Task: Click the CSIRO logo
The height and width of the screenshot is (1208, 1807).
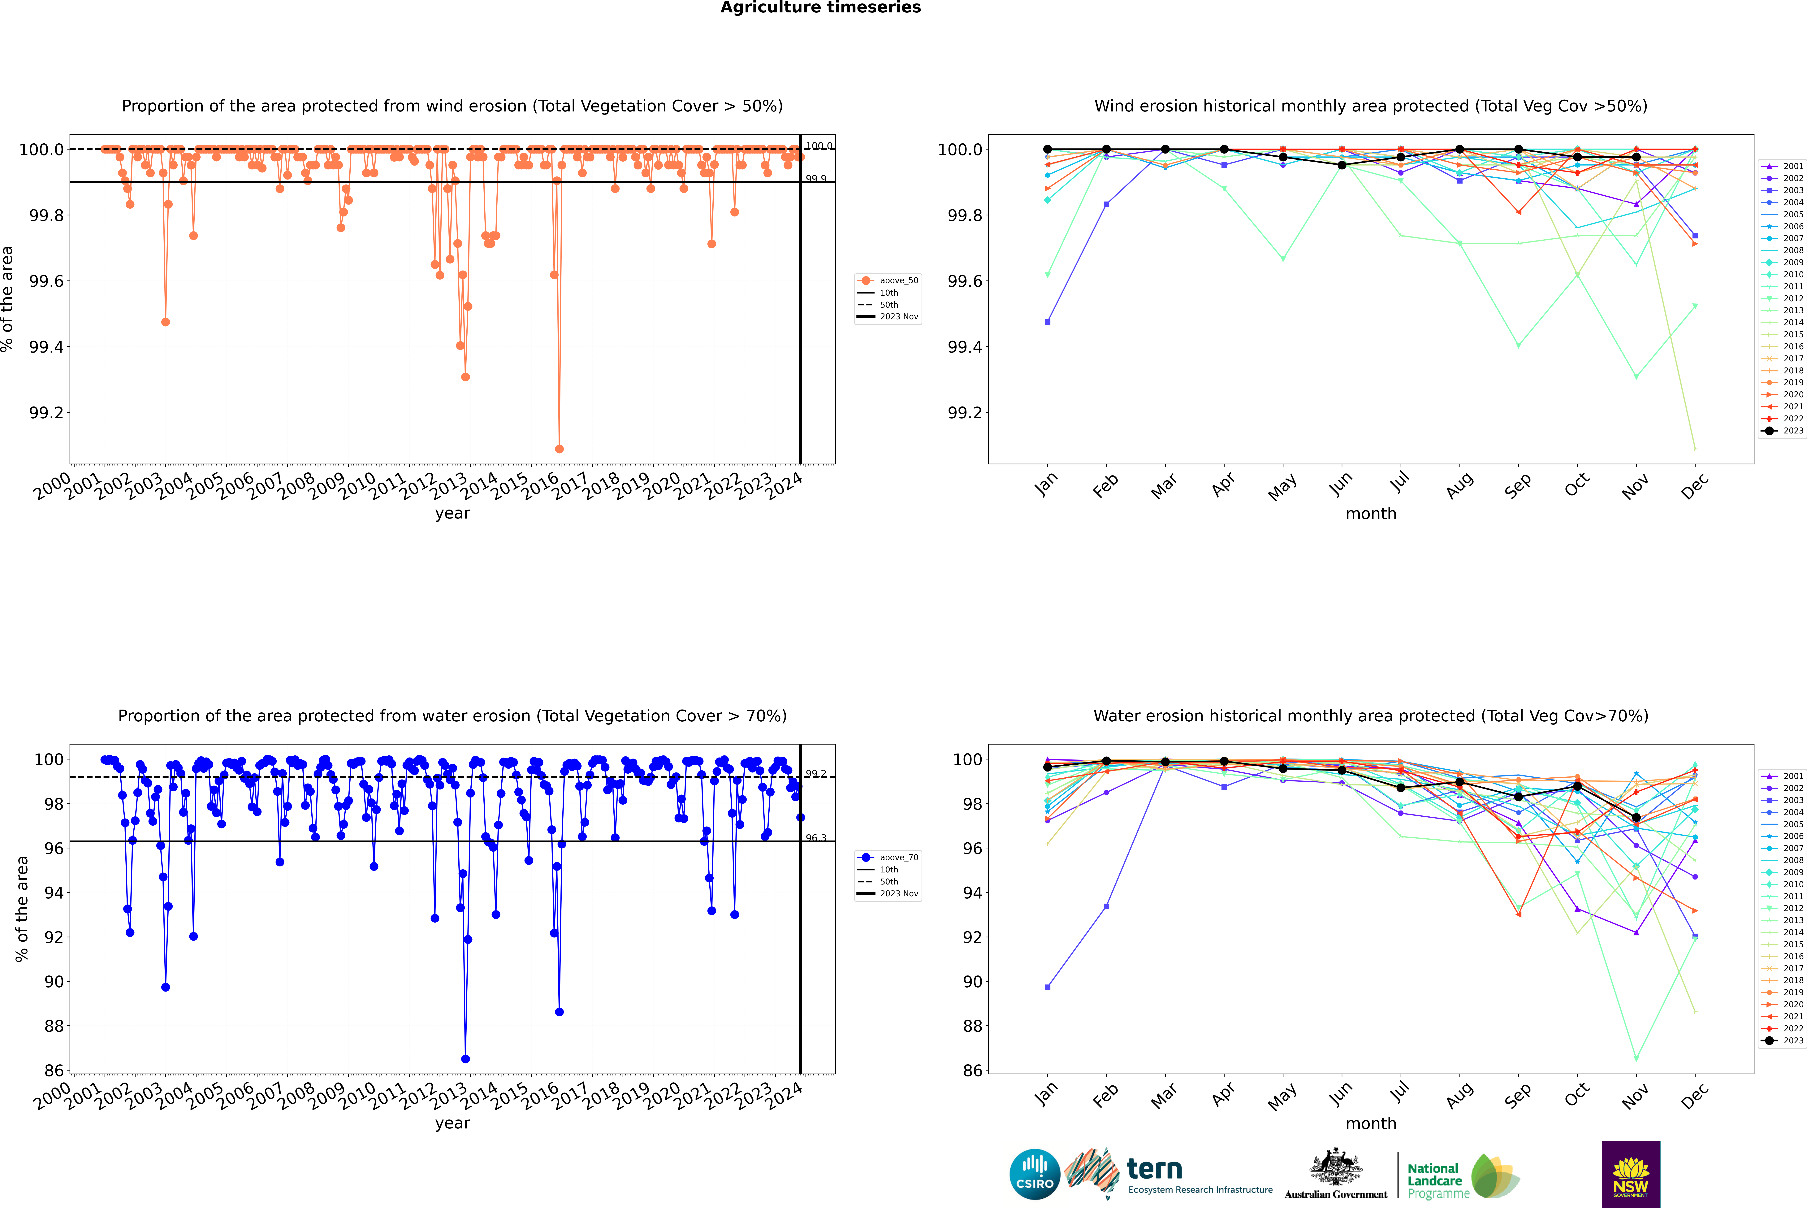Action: [x=1035, y=1174]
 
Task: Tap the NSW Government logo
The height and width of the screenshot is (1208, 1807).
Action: [x=1631, y=1174]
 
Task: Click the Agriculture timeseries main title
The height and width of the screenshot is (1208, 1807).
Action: [x=820, y=8]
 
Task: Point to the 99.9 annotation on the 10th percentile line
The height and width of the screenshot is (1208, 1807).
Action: [x=816, y=179]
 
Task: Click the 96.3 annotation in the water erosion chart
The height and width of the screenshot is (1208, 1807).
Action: [x=816, y=838]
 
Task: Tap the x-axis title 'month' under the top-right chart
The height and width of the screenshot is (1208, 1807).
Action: [x=1371, y=514]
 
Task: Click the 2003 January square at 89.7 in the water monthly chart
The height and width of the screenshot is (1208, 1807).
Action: [x=1048, y=987]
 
